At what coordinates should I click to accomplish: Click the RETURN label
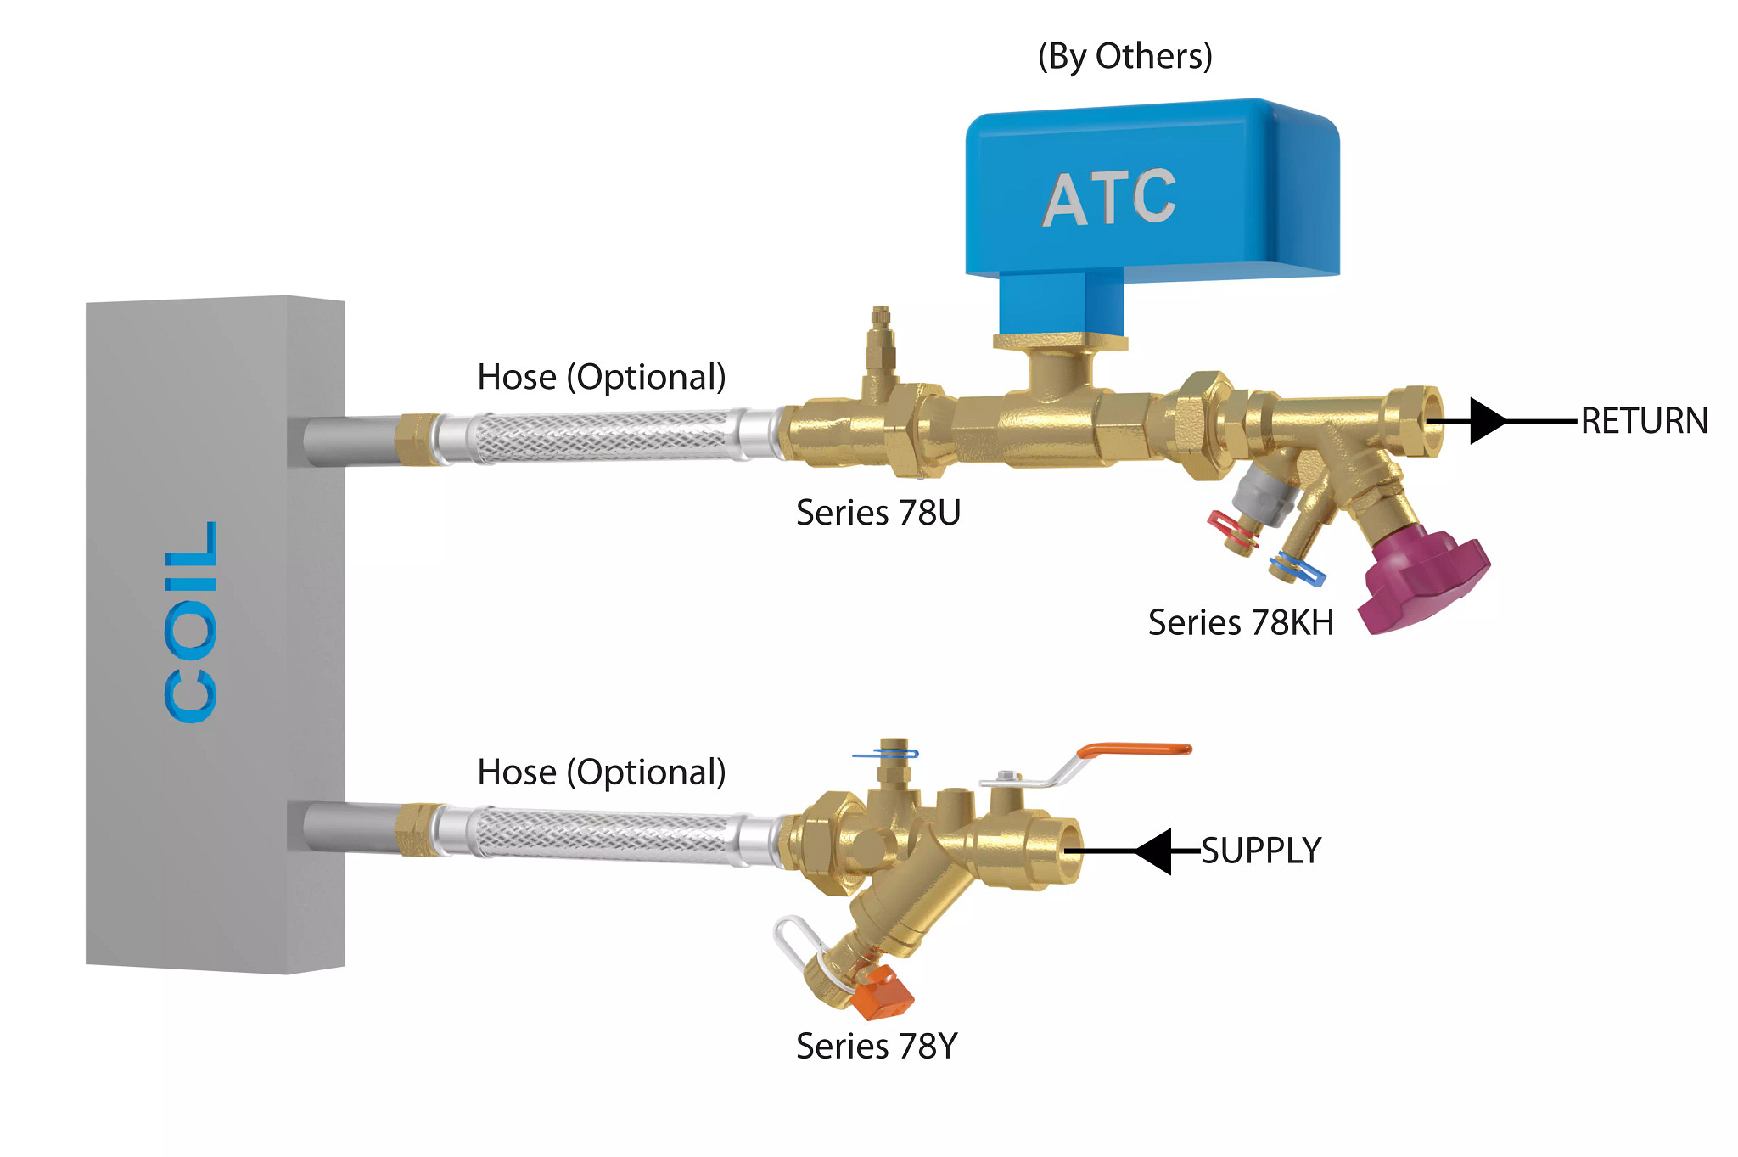click(1644, 421)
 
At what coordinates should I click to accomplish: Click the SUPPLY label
click(1261, 851)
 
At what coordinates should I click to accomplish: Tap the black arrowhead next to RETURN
click(1487, 421)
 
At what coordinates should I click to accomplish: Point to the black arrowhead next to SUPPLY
click(1155, 851)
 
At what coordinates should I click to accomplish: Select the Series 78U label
click(877, 513)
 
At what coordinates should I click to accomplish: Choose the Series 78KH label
click(1240, 623)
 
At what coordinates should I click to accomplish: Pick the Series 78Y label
click(876, 1046)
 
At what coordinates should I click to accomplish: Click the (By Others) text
click(1124, 56)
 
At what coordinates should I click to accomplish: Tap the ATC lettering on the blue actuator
click(1109, 199)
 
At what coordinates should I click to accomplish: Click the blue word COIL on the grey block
click(192, 622)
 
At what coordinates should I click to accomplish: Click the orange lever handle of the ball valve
click(1134, 750)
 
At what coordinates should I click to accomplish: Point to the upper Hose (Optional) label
click(601, 377)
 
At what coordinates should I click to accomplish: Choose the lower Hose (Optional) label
click(601, 772)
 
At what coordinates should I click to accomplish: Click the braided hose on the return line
click(603, 436)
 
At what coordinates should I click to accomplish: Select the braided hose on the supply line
click(603, 835)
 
